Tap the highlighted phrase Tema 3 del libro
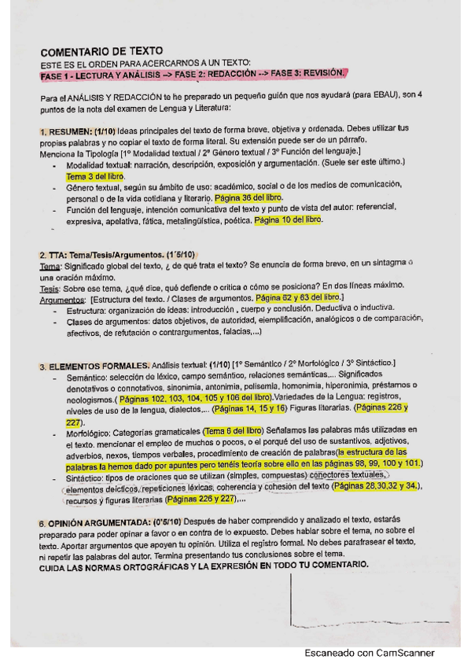click(x=95, y=178)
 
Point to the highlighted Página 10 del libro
click(x=289, y=221)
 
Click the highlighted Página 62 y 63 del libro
click(x=299, y=300)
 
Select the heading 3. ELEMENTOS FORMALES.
click(x=94, y=366)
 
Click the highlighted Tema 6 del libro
click(x=233, y=431)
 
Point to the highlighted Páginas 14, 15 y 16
click(x=249, y=409)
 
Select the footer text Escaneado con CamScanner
click(x=370, y=652)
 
